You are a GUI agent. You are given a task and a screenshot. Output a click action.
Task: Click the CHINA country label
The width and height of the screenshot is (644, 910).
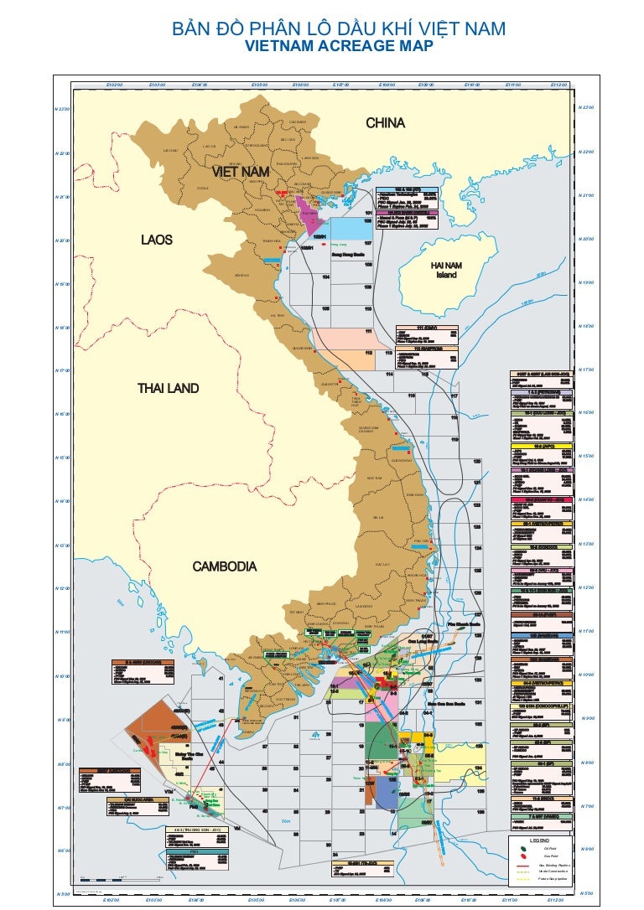(385, 123)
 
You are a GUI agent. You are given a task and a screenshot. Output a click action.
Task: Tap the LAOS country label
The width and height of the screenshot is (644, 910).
(156, 240)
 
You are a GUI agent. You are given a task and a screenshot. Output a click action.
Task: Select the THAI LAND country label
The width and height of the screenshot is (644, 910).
(168, 389)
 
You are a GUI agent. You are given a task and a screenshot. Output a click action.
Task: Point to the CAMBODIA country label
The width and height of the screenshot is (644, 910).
(225, 566)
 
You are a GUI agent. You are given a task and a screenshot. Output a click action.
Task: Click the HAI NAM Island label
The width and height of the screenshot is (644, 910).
(446, 270)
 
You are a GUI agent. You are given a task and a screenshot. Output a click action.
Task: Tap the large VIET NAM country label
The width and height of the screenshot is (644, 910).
(241, 172)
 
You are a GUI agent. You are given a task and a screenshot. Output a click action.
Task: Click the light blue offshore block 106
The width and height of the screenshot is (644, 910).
(350, 229)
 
